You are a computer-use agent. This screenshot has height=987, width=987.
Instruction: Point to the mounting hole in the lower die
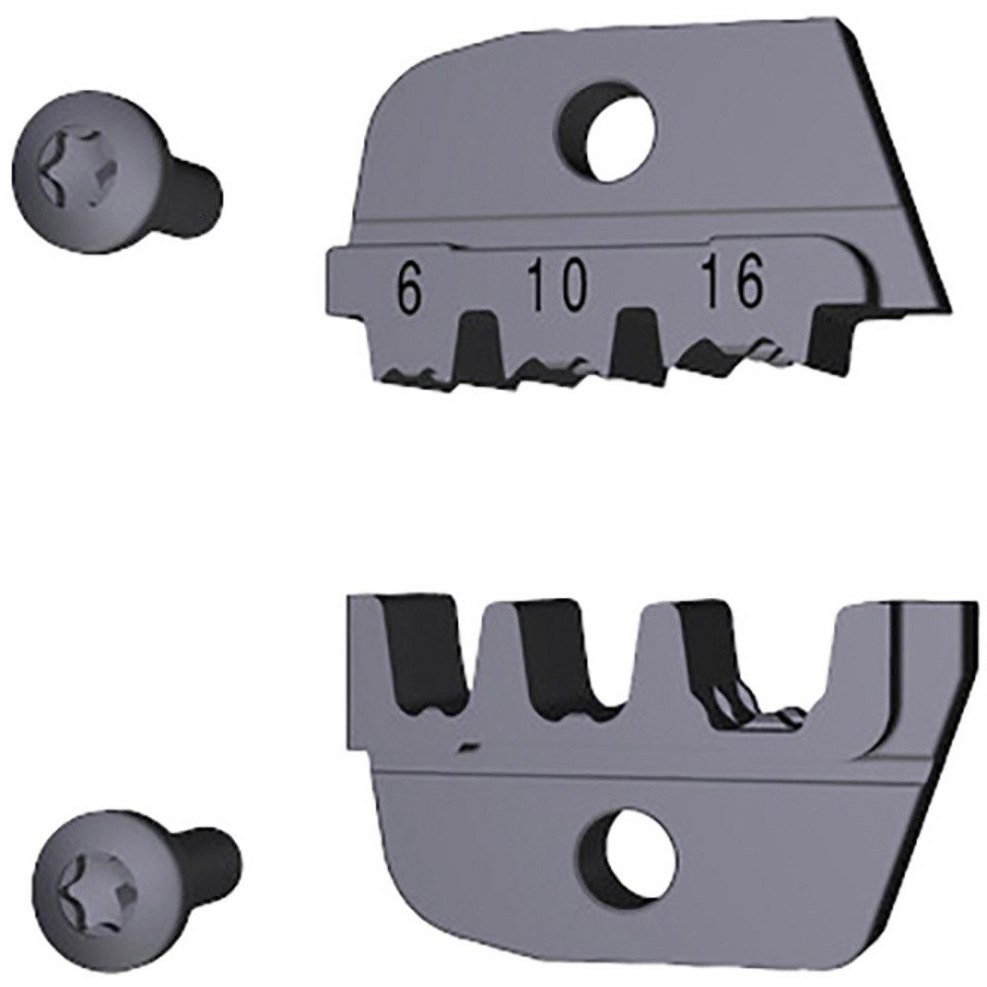(636, 853)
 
